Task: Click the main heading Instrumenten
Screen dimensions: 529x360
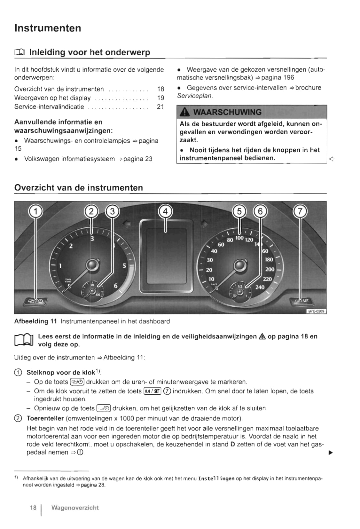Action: tap(48, 28)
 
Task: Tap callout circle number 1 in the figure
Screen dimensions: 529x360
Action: tap(36, 211)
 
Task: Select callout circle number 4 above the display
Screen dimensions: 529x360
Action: tap(165, 211)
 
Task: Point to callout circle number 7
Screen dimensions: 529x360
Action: tap(300, 211)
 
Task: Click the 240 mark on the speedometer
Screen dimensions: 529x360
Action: tap(260, 287)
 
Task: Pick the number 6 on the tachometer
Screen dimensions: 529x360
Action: tap(116, 286)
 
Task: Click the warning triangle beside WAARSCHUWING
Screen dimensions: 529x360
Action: tap(184, 112)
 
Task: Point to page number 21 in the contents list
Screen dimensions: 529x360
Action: tap(160, 107)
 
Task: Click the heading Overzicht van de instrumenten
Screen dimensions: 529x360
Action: tap(79, 188)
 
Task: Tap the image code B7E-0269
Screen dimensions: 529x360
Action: tap(316, 311)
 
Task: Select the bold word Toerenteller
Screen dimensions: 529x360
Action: tap(45, 418)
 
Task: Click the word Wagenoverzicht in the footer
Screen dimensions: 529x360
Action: tap(75, 508)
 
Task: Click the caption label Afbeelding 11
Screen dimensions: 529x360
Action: tap(35, 321)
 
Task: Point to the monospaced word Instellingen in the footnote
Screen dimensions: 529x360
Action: tap(216, 479)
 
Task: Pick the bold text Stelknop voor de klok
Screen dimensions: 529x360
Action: tap(61, 373)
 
